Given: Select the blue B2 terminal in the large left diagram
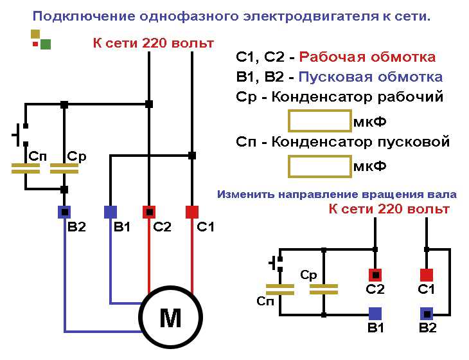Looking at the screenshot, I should click(x=64, y=212).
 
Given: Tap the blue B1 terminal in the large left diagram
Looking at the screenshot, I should click(x=111, y=212).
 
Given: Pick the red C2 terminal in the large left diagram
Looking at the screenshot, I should click(x=149, y=212).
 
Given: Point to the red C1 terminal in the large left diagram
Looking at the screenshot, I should click(x=192, y=212).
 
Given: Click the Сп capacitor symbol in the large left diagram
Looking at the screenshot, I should click(x=26, y=168).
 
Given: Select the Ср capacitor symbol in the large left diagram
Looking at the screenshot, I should click(x=64, y=168).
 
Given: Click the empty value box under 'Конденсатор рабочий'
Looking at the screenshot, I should click(x=319, y=121).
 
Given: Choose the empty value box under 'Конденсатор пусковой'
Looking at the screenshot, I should click(x=319, y=166).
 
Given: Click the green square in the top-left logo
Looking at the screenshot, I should click(x=45, y=44).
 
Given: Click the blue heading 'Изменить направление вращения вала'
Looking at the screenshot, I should click(x=337, y=194).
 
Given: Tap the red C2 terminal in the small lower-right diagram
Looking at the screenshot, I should click(x=375, y=273).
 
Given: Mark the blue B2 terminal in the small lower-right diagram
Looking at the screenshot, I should click(x=425, y=313).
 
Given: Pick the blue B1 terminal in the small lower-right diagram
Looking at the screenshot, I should click(x=375, y=313).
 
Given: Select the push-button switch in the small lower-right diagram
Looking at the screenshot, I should click(x=276, y=262).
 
